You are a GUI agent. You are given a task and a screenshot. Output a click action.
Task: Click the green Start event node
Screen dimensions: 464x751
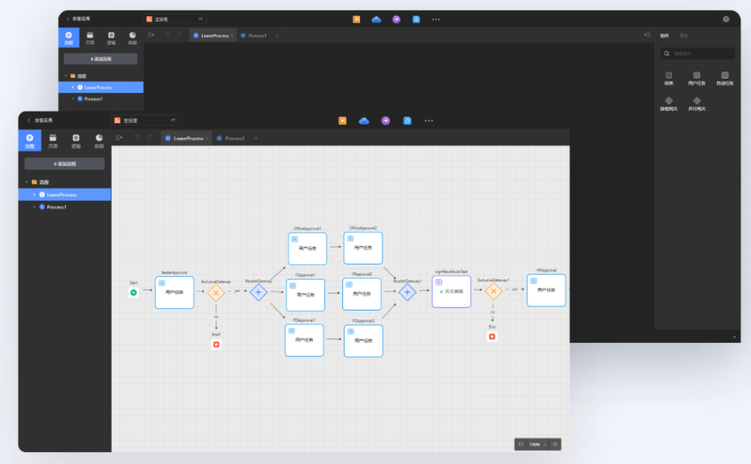tap(133, 293)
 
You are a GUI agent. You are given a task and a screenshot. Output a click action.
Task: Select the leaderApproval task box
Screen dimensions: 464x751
tap(174, 293)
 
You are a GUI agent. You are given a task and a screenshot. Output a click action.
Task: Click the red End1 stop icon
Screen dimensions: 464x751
tap(216, 345)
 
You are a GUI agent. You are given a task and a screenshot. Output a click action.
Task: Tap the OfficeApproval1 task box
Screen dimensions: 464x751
tap(307, 248)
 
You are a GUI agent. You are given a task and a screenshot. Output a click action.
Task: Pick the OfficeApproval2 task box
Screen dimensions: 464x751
tap(363, 248)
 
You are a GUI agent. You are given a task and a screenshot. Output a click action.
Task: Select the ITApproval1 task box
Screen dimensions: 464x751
tap(306, 295)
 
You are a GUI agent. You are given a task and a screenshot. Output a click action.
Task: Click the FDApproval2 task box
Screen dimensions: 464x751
tap(363, 341)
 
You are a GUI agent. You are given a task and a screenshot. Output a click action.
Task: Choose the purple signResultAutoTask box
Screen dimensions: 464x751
tap(452, 292)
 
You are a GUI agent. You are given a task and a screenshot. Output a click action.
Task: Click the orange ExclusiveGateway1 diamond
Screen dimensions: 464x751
tap(493, 292)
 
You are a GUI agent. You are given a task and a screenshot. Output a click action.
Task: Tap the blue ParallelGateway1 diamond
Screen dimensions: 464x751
tap(407, 293)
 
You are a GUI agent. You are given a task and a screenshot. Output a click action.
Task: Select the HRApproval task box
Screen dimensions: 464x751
tap(546, 290)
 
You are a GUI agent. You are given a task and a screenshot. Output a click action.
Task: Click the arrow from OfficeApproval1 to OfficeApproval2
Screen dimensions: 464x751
tap(335, 248)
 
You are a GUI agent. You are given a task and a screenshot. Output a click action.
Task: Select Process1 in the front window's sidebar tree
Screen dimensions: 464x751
tap(57, 207)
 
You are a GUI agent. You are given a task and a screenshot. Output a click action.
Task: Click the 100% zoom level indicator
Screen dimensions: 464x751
tap(535, 445)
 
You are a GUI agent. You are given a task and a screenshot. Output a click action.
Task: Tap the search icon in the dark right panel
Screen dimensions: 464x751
tap(666, 54)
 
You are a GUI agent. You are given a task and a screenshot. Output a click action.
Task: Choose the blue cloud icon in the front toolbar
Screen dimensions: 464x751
tap(364, 120)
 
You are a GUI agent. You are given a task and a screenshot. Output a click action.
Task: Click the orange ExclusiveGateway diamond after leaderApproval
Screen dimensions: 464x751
tap(216, 293)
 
